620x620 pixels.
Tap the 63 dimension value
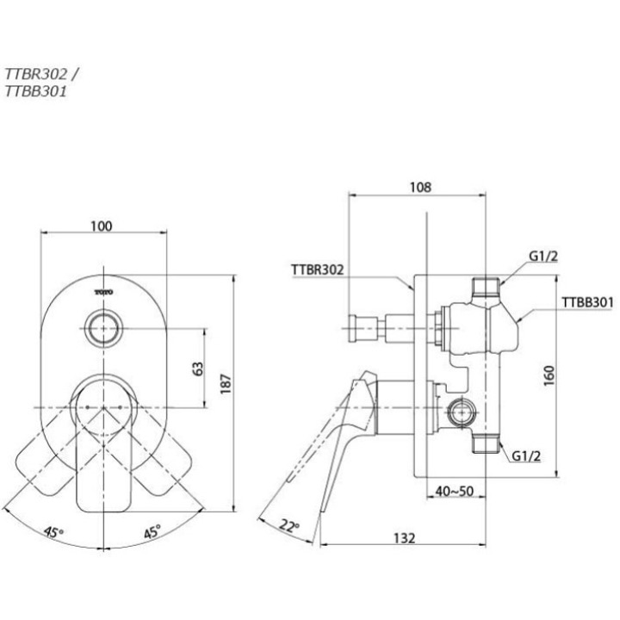click(198, 368)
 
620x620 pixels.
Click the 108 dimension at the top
click(420, 187)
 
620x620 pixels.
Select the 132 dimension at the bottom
click(404, 537)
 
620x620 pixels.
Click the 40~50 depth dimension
click(453, 492)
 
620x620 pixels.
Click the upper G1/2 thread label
click(543, 256)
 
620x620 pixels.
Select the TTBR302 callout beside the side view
click(317, 270)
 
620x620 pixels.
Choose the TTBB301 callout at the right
click(587, 302)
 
